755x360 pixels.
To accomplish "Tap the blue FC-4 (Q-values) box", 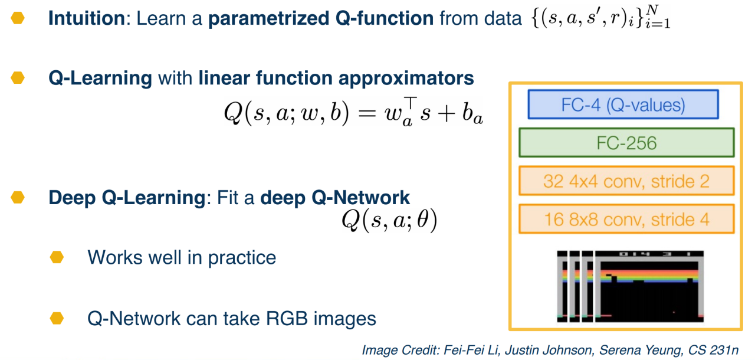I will tap(623, 105).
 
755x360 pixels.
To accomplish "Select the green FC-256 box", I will tap(626, 142).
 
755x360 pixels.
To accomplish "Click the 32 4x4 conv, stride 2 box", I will tap(626, 181).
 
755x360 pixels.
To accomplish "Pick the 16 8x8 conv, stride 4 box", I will tap(626, 219).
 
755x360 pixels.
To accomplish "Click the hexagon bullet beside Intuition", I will tap(18, 18).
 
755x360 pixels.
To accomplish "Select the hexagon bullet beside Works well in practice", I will tap(57, 257).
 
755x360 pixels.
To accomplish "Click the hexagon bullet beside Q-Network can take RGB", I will tap(57, 319).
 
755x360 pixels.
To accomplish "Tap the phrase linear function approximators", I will tap(336, 78).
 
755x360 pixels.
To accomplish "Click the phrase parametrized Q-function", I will tap(321, 18).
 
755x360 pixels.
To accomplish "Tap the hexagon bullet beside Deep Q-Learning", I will tap(18, 197).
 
